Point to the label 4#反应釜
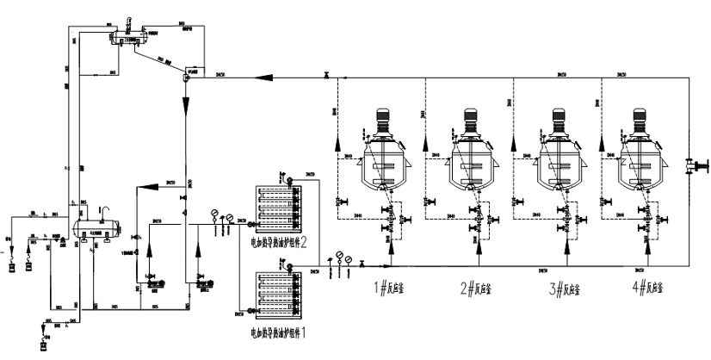coord(651,288)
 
